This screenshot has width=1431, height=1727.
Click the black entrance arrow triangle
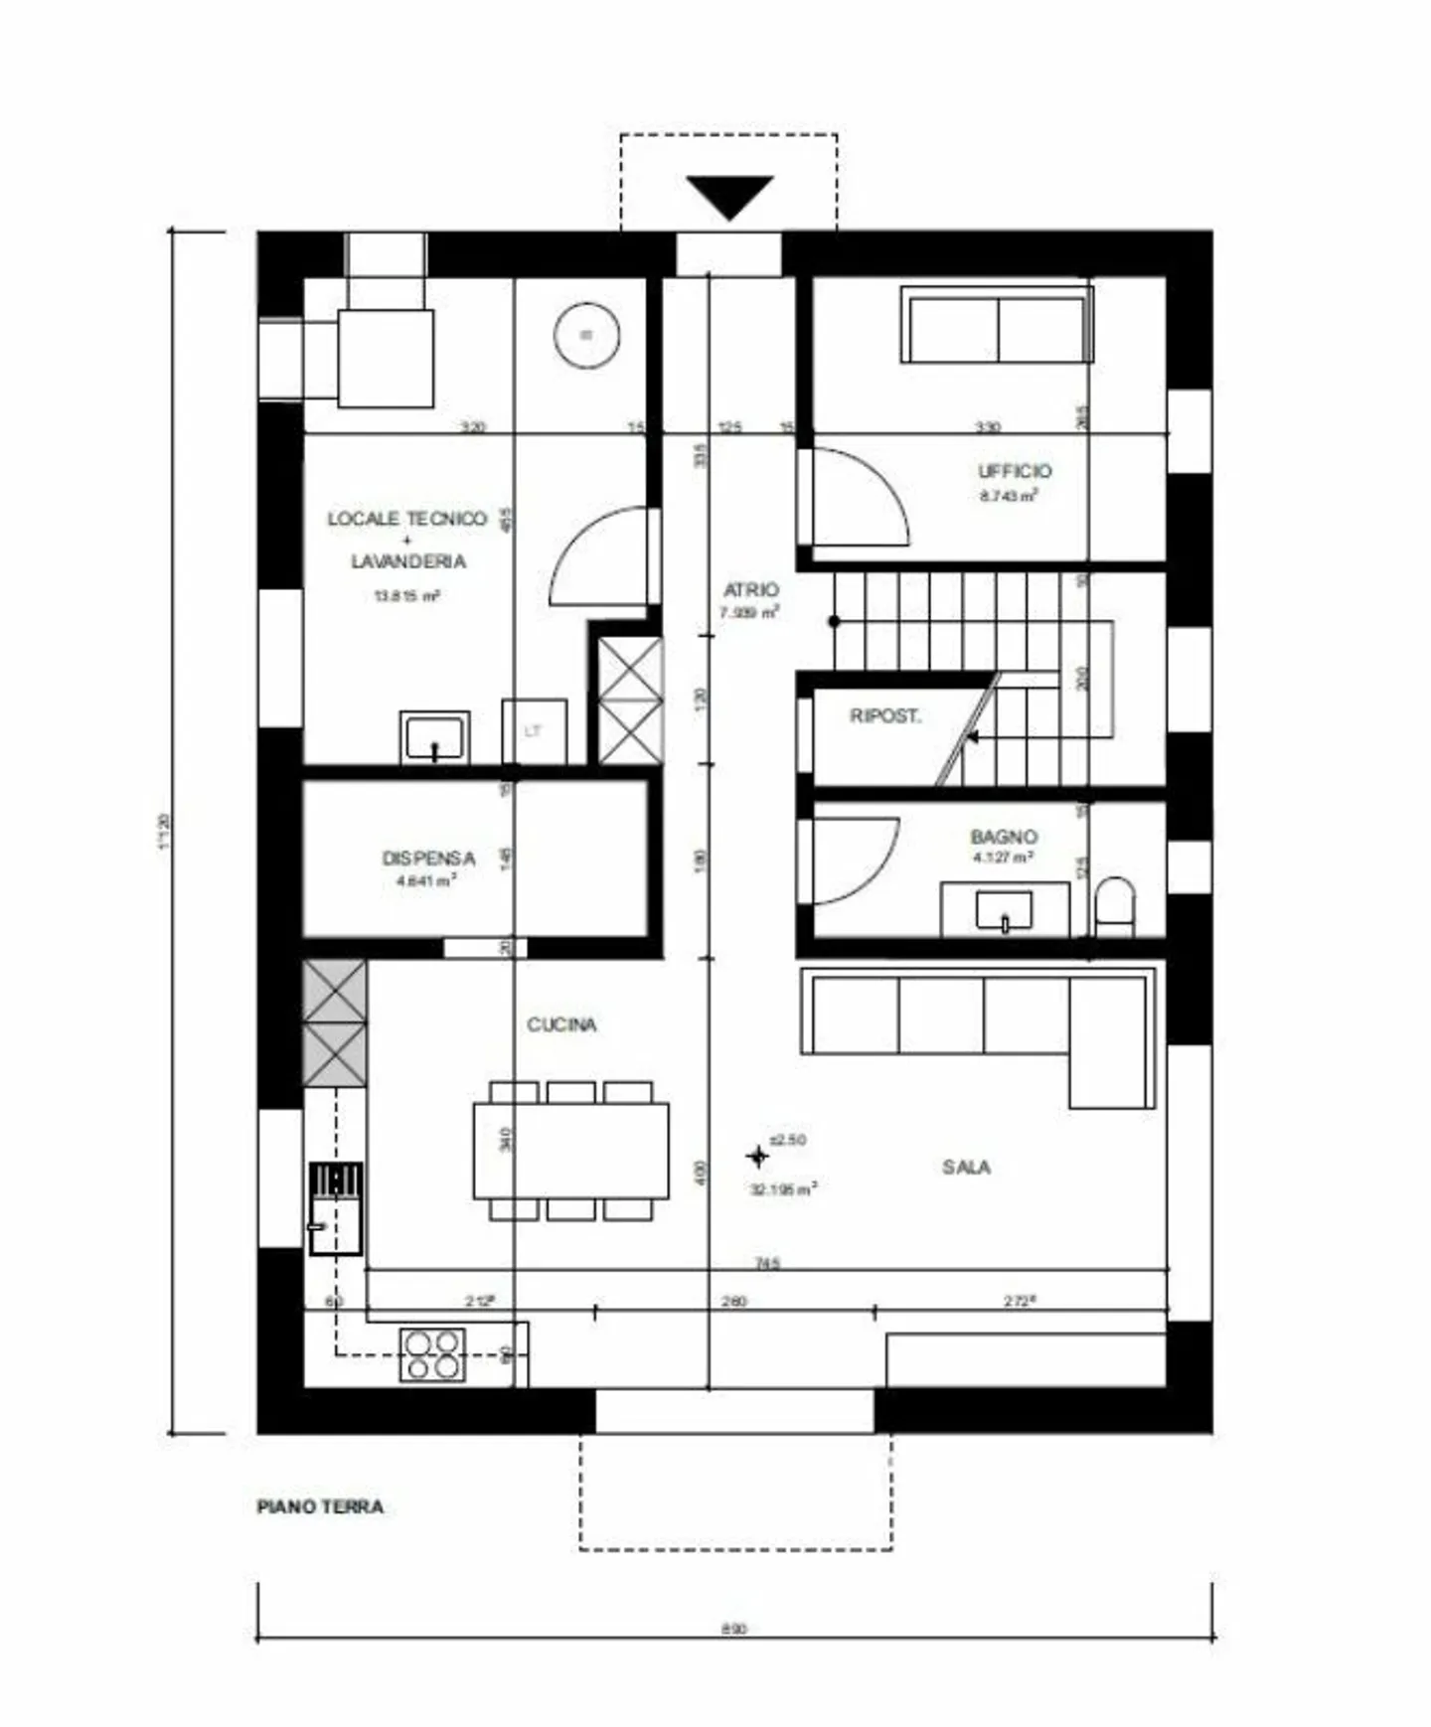[729, 195]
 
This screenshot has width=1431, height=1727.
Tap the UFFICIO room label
[1014, 471]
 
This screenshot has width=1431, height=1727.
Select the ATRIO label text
[750, 589]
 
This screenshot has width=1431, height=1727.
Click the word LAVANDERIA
[408, 561]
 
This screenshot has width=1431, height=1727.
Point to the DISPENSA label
[428, 858]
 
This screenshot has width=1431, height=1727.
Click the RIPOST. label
[884, 715]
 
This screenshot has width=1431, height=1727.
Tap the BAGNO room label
[1004, 837]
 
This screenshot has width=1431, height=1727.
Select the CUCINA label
[561, 1024]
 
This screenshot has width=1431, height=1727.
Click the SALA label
[966, 1167]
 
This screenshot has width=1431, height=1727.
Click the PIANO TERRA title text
[320, 1506]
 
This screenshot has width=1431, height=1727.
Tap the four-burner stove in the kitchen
[432, 1354]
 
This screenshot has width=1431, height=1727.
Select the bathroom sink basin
[1004, 910]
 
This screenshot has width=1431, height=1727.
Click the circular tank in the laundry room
[586, 335]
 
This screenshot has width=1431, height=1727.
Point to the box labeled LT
[535, 731]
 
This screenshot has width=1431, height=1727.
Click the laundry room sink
[434, 737]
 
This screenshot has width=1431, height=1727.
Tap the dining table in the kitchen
[570, 1150]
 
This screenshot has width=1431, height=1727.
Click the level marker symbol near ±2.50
[757, 1156]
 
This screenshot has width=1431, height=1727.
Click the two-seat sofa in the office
[997, 325]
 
